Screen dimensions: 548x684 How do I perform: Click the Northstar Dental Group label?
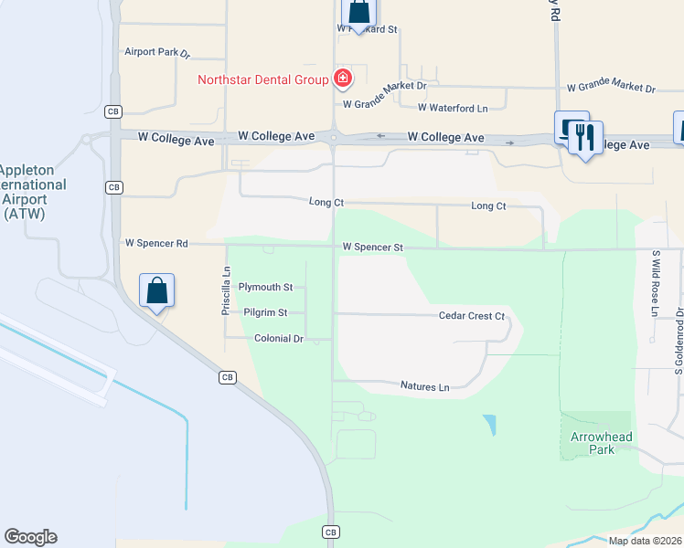263,79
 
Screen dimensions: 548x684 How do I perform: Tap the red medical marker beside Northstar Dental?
343,79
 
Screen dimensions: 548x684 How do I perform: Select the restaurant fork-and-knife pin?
584,138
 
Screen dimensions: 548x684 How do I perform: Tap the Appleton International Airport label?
33,192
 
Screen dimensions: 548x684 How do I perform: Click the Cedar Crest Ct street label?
472,316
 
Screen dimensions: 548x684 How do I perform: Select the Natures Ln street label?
425,387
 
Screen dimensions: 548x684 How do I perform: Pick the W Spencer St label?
373,247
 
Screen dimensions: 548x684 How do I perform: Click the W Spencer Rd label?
156,244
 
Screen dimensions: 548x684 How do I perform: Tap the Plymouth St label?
265,287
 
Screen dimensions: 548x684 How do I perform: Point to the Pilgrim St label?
266,312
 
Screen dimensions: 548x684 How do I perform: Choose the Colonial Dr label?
278,338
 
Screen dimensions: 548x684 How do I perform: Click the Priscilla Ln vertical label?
227,290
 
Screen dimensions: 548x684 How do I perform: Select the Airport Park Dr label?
157,53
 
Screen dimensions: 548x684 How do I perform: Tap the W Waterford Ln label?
453,108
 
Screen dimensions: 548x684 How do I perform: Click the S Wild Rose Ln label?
655,283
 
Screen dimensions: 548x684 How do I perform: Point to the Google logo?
30,537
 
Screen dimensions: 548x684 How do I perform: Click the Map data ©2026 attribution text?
646,541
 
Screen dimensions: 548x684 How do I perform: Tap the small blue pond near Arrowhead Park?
490,426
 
